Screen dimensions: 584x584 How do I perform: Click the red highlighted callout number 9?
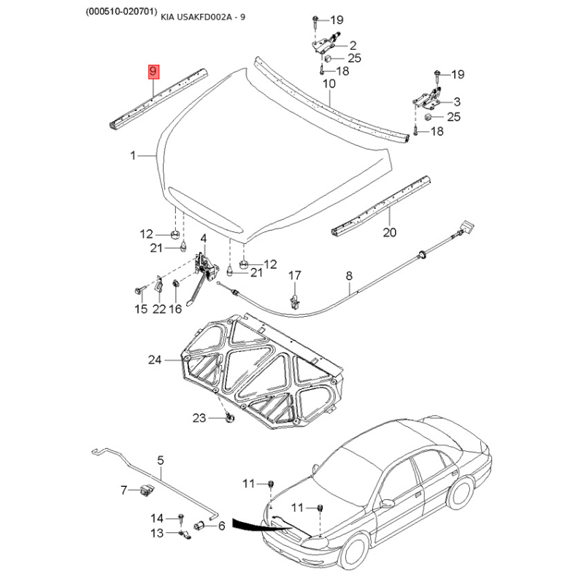click(x=153, y=72)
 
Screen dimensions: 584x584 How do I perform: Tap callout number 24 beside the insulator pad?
click(x=155, y=360)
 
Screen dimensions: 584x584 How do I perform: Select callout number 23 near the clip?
click(x=199, y=418)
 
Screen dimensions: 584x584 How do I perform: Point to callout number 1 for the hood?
click(x=133, y=155)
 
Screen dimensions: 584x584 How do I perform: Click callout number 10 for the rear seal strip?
click(x=329, y=83)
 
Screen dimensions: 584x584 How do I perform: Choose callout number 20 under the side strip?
click(x=390, y=232)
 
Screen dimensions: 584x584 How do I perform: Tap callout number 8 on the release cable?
click(x=349, y=276)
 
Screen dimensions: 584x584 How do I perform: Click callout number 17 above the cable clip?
click(x=294, y=276)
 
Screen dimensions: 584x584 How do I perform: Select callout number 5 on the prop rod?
click(x=161, y=461)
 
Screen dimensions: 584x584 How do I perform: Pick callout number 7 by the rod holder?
click(x=124, y=490)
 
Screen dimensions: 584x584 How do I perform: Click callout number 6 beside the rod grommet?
click(x=222, y=526)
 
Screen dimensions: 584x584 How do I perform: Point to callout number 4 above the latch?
click(x=204, y=239)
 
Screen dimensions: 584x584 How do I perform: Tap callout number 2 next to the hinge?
click(x=353, y=45)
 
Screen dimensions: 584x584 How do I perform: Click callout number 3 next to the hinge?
click(x=457, y=101)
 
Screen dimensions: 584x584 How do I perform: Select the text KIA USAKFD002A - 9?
click(x=203, y=17)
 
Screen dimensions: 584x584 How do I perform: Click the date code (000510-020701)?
click(x=120, y=12)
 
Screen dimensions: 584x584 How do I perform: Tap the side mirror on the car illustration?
click(x=387, y=504)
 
